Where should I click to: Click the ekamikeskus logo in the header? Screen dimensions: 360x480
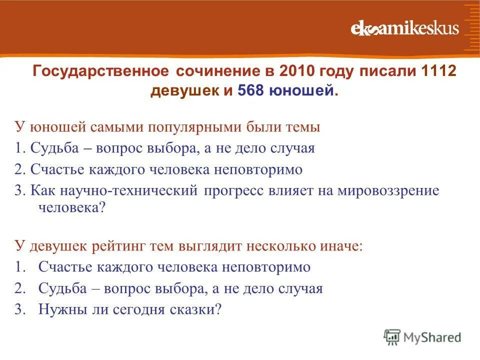[404, 28]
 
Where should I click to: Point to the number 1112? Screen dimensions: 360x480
[439, 71]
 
